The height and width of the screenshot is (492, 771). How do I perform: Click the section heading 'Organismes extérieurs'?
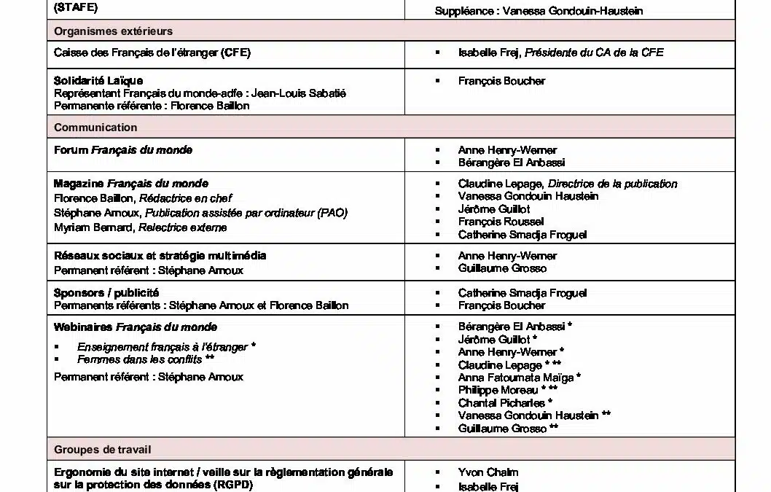(113, 31)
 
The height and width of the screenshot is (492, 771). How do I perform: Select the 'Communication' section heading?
(95, 128)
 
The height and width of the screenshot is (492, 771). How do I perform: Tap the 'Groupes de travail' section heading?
(103, 450)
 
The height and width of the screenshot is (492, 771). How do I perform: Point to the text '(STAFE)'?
(76, 9)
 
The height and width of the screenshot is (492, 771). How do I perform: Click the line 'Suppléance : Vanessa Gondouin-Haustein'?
(539, 11)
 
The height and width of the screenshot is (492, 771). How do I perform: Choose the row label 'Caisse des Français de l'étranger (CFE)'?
(152, 53)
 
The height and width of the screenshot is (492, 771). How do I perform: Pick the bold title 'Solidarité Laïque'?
(98, 80)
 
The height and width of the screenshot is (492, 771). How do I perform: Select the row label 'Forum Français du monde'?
(123, 150)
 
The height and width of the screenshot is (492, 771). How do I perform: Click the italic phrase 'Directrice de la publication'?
(612, 184)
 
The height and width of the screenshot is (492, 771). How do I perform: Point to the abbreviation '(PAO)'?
(332, 213)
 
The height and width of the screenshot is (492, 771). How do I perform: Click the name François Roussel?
(501, 222)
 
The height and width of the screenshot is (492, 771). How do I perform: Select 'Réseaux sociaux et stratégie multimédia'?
(160, 256)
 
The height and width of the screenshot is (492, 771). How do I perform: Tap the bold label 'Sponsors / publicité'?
(106, 292)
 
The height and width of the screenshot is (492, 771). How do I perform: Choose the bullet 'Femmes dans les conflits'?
(140, 359)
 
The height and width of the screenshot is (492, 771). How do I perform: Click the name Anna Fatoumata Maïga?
(515, 378)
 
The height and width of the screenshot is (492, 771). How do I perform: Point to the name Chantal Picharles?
(501, 402)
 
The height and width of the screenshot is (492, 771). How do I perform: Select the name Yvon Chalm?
(488, 472)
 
